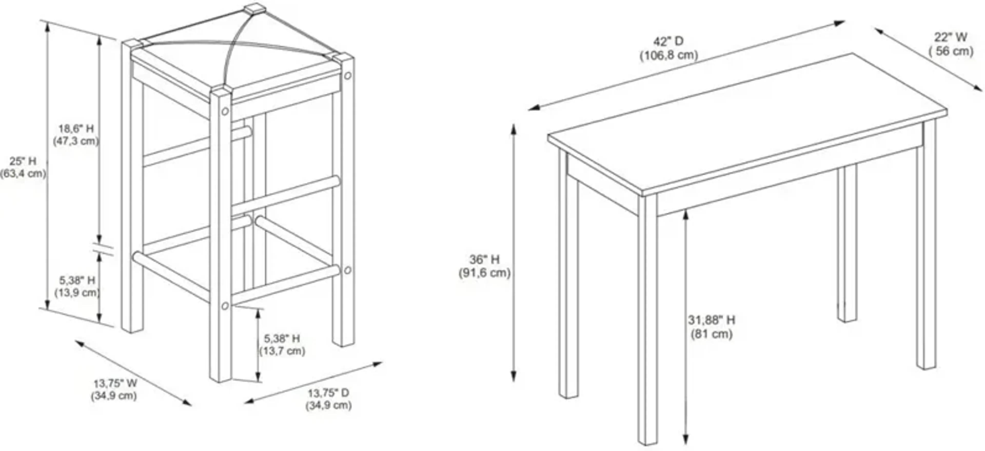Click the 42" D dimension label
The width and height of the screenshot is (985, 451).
[x=668, y=41]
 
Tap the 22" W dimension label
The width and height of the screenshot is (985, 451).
[x=951, y=37]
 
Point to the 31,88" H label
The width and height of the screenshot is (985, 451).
[x=711, y=320]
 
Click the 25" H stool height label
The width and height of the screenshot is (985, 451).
[x=23, y=161]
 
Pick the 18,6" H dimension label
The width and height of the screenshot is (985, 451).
[x=76, y=129]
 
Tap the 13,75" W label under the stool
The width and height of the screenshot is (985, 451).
[x=115, y=383]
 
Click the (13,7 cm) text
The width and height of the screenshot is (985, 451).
[x=282, y=351]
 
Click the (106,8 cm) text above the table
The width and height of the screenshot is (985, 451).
[x=669, y=55]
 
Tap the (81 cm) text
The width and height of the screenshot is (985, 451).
[x=711, y=334]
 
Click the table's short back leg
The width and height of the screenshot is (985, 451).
[x=847, y=245]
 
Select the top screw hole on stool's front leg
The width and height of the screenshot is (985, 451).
[x=225, y=111]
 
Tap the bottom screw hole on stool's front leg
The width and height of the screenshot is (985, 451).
[x=225, y=306]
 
